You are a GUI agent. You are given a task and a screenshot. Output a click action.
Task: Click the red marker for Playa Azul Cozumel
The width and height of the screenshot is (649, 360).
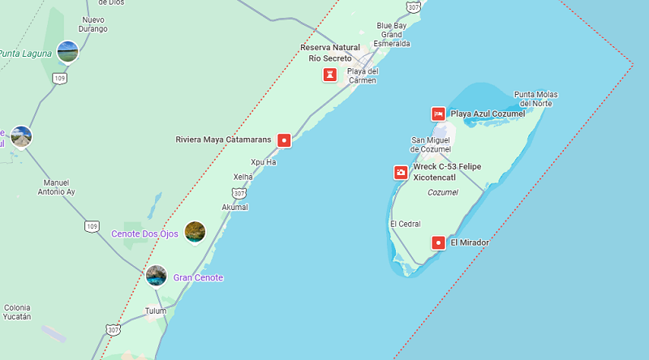point(438,114)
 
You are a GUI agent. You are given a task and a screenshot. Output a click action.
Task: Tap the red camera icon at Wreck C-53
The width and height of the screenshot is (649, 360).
point(401,173)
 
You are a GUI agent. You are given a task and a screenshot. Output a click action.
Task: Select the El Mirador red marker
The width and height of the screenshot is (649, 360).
point(439,242)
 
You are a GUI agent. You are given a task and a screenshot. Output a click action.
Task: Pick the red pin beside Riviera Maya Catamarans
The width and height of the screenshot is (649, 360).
point(284,140)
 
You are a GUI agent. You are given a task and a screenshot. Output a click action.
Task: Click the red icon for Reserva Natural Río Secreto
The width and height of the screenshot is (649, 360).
point(329,75)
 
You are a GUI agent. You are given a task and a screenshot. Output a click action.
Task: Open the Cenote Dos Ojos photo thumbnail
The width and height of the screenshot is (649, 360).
point(195,233)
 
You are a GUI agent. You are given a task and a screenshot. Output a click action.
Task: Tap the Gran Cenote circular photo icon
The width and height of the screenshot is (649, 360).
point(157,276)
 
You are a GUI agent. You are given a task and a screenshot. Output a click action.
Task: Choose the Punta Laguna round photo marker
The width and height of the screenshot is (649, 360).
point(68,52)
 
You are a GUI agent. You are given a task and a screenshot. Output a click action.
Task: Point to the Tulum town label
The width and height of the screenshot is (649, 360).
point(155,311)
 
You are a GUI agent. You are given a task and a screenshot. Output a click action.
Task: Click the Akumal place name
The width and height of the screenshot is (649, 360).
point(234,208)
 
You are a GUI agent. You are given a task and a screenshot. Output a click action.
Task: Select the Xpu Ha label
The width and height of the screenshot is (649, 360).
point(263,162)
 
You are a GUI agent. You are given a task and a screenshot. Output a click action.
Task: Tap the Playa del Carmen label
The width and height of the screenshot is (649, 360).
point(363,75)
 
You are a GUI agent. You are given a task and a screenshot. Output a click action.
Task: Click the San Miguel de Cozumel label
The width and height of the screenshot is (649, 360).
point(430,144)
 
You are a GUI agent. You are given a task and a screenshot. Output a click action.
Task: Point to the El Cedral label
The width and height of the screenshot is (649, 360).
point(404,224)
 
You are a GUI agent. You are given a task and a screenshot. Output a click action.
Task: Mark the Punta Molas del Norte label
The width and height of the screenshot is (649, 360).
point(535,99)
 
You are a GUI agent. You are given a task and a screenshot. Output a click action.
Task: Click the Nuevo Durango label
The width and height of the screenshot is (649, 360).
point(93,24)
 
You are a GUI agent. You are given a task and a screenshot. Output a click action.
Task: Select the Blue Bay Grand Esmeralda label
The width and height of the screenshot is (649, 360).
point(392,34)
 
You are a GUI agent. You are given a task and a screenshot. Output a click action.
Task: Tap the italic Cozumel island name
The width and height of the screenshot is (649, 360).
point(442,192)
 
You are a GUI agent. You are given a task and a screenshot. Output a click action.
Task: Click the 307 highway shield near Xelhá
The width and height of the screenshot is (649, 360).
point(239,193)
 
